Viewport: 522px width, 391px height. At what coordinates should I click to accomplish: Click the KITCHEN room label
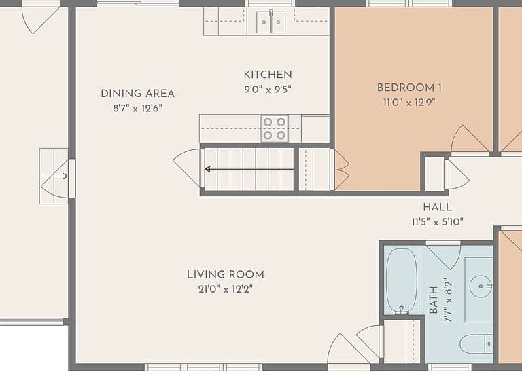[x=268, y=75]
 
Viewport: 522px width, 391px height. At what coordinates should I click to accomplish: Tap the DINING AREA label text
[x=137, y=94]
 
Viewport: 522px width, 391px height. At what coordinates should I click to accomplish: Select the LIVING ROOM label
[x=226, y=275]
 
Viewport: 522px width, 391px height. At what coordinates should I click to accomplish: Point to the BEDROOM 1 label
[x=409, y=88]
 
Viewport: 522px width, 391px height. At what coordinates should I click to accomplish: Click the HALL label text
[x=438, y=208]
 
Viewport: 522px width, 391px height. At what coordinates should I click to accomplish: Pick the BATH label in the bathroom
[x=434, y=300]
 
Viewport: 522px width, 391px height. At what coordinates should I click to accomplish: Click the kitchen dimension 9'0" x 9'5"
[x=268, y=90]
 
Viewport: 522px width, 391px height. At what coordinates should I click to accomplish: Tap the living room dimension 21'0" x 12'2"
[x=226, y=289]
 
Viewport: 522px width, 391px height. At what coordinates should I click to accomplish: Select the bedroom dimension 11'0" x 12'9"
[x=409, y=103]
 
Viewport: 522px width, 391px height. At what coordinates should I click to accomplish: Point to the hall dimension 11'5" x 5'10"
[x=438, y=222]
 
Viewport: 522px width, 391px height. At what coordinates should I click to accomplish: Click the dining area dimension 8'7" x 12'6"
[x=137, y=109]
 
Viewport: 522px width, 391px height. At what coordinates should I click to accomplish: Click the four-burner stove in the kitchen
[x=275, y=129]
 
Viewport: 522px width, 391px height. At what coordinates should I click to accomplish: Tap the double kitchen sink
[x=271, y=22]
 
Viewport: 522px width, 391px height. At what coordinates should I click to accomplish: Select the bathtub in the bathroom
[x=401, y=281]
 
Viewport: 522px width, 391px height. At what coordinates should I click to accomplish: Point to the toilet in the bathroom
[x=476, y=344]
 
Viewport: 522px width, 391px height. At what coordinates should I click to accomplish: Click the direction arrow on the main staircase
[x=249, y=169]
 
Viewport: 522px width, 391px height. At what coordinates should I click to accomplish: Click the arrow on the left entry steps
[x=54, y=176]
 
